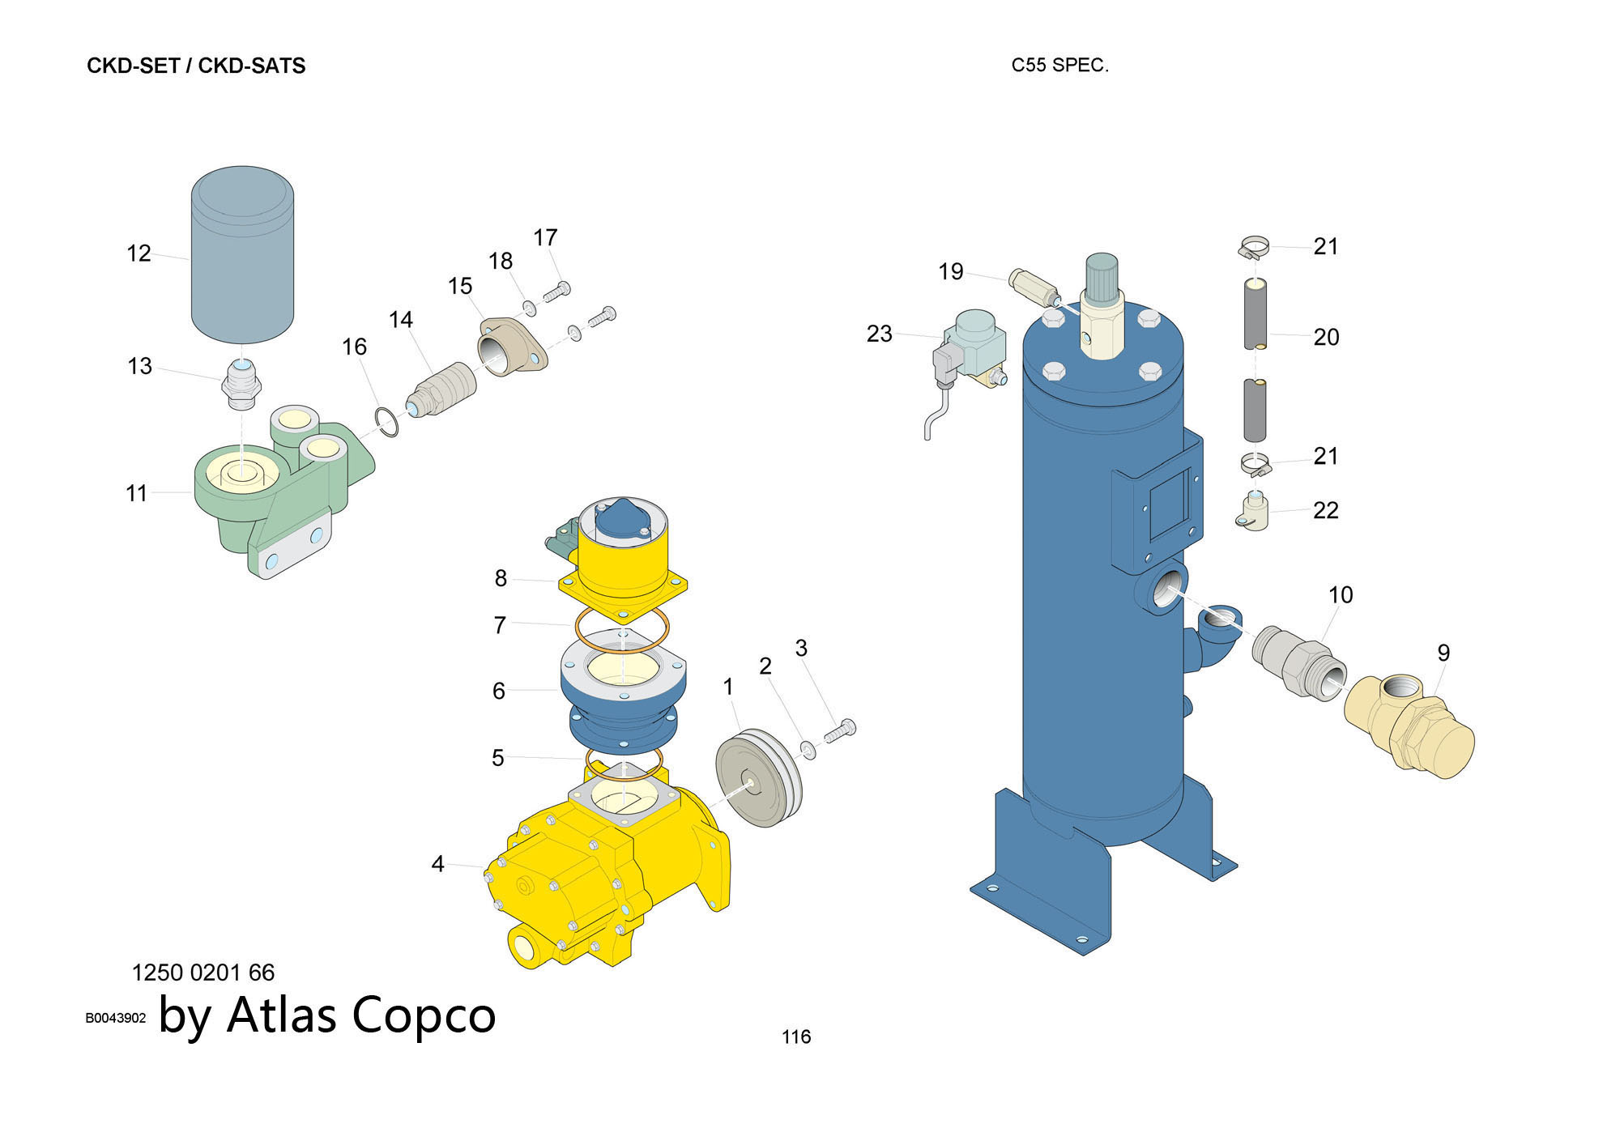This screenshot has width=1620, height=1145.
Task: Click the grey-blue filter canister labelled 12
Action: (242, 255)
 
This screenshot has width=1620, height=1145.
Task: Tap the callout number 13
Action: (139, 366)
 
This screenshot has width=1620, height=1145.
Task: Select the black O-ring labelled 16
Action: (387, 423)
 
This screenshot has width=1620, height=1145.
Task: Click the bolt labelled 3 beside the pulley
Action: (841, 730)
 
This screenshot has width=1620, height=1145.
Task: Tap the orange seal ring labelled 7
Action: (621, 632)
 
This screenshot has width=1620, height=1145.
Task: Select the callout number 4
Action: (437, 864)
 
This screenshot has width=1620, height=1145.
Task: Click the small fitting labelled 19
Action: (1034, 287)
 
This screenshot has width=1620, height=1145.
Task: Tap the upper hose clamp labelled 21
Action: (1255, 247)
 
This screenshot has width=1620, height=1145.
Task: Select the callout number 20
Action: (1326, 337)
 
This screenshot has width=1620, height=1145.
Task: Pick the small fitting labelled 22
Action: (1254, 513)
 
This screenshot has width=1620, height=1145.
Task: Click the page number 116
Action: (796, 1036)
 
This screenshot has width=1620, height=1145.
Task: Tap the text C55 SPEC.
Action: (1059, 66)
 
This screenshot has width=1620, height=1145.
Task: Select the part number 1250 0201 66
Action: (203, 973)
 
